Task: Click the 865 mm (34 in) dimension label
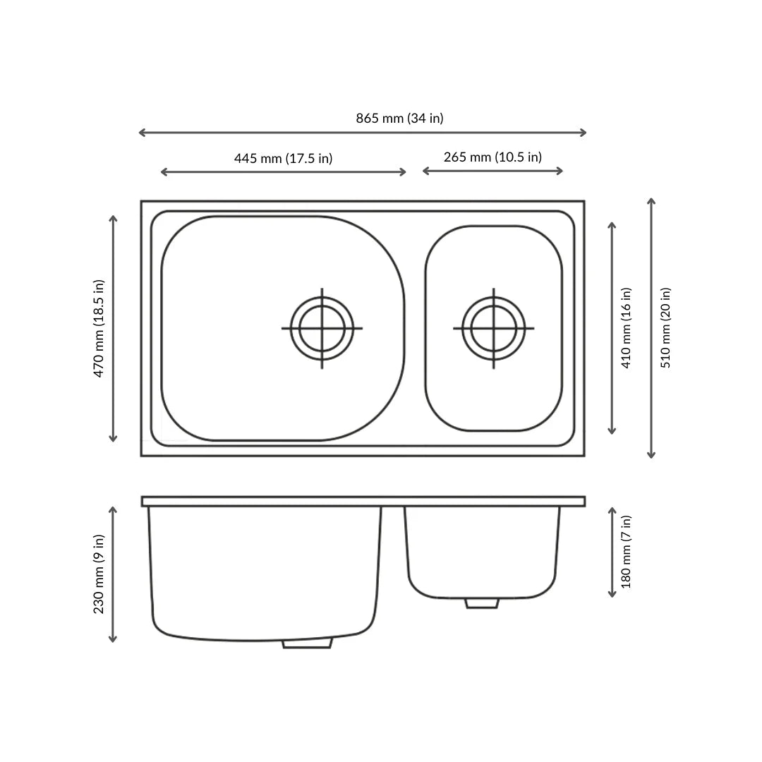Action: click(399, 119)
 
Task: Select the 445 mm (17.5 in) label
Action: click(283, 158)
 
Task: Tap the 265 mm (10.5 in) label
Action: click(492, 157)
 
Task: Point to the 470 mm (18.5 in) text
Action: click(99, 328)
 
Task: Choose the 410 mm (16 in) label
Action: click(626, 327)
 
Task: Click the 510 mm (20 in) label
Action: click(665, 327)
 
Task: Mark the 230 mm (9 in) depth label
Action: click(99, 574)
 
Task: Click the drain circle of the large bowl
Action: click(322, 328)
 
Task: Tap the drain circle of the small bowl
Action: click(493, 328)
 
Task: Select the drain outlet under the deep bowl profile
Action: click(307, 643)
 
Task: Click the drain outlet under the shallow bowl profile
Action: click(482, 603)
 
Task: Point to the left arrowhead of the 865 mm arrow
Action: click(140, 133)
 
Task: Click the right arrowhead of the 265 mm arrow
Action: click(561, 171)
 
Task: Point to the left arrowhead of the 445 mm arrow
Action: click(163, 172)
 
